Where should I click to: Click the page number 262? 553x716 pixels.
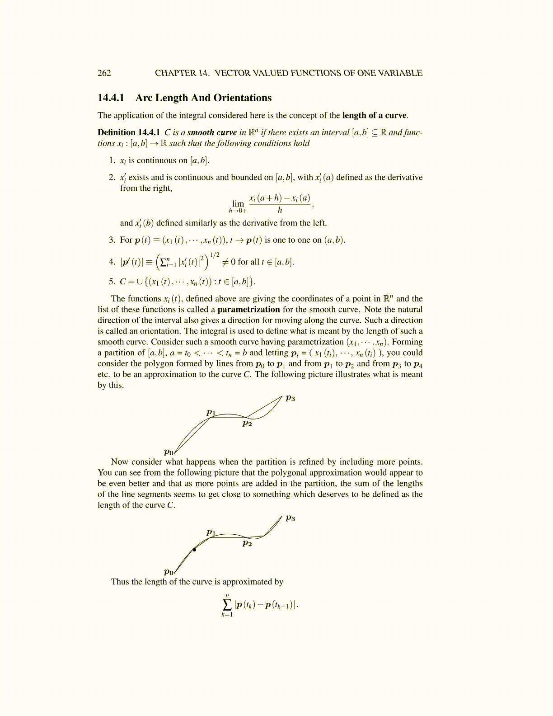104,73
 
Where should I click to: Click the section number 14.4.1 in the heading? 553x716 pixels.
111,98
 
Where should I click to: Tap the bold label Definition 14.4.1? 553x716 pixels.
129,132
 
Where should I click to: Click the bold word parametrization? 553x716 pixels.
248,310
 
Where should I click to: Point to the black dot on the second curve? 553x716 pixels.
194,550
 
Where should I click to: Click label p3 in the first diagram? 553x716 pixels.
290,398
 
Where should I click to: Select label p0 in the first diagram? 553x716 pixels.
169,452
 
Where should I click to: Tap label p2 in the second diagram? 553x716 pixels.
247,543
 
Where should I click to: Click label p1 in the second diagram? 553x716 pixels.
211,532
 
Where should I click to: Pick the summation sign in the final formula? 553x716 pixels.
227,604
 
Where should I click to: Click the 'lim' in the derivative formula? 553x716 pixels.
238,204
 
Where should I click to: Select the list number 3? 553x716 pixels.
112,240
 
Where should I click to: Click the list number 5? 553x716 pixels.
112,282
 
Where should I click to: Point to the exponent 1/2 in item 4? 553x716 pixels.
215,255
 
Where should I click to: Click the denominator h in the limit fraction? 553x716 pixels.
280,210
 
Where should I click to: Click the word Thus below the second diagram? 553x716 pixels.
120,582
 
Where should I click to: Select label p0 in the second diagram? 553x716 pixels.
169,572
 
